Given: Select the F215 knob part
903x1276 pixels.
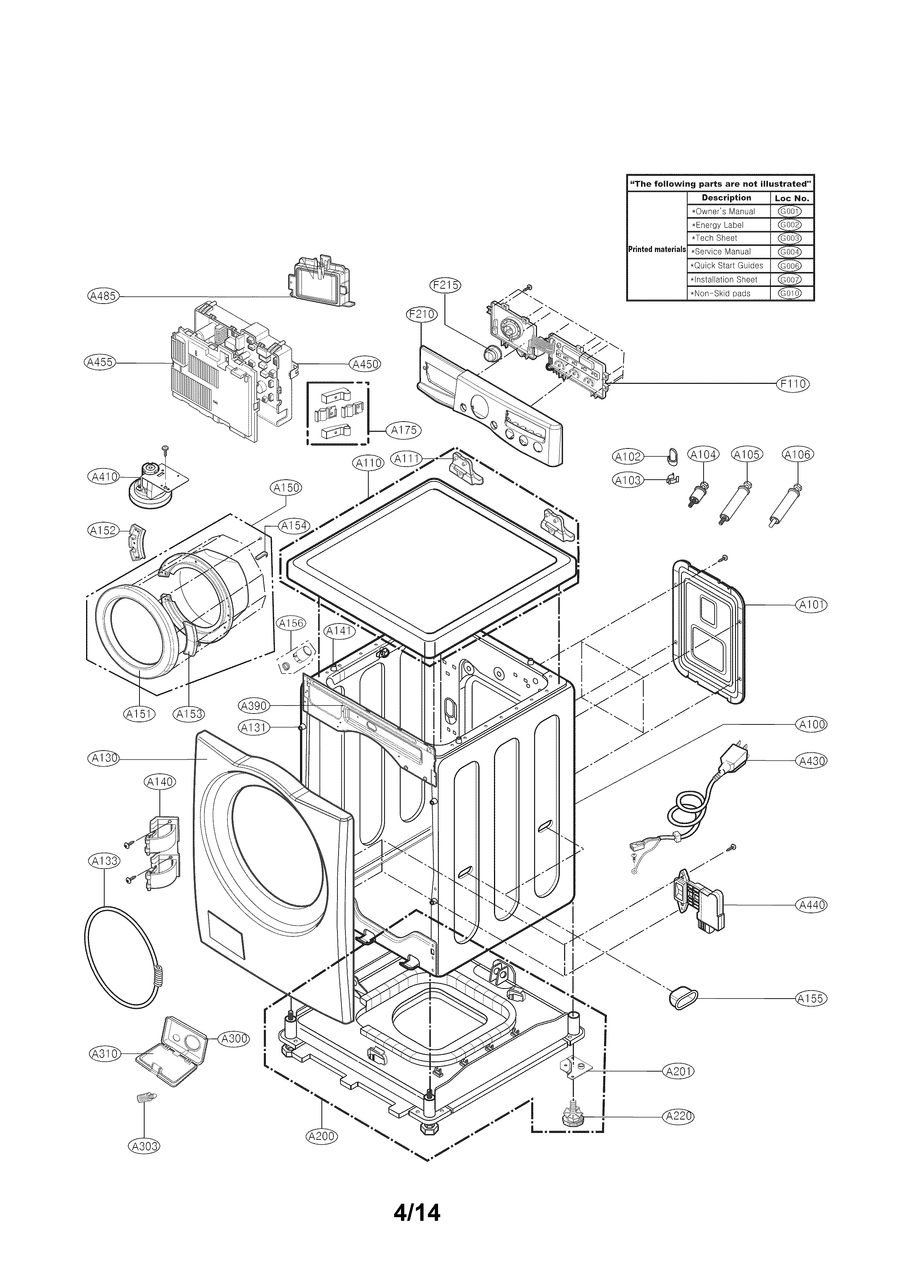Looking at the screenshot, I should tap(491, 353).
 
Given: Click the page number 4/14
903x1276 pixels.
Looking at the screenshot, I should tap(417, 1213).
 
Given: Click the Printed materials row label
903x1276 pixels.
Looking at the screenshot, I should tap(657, 249).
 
